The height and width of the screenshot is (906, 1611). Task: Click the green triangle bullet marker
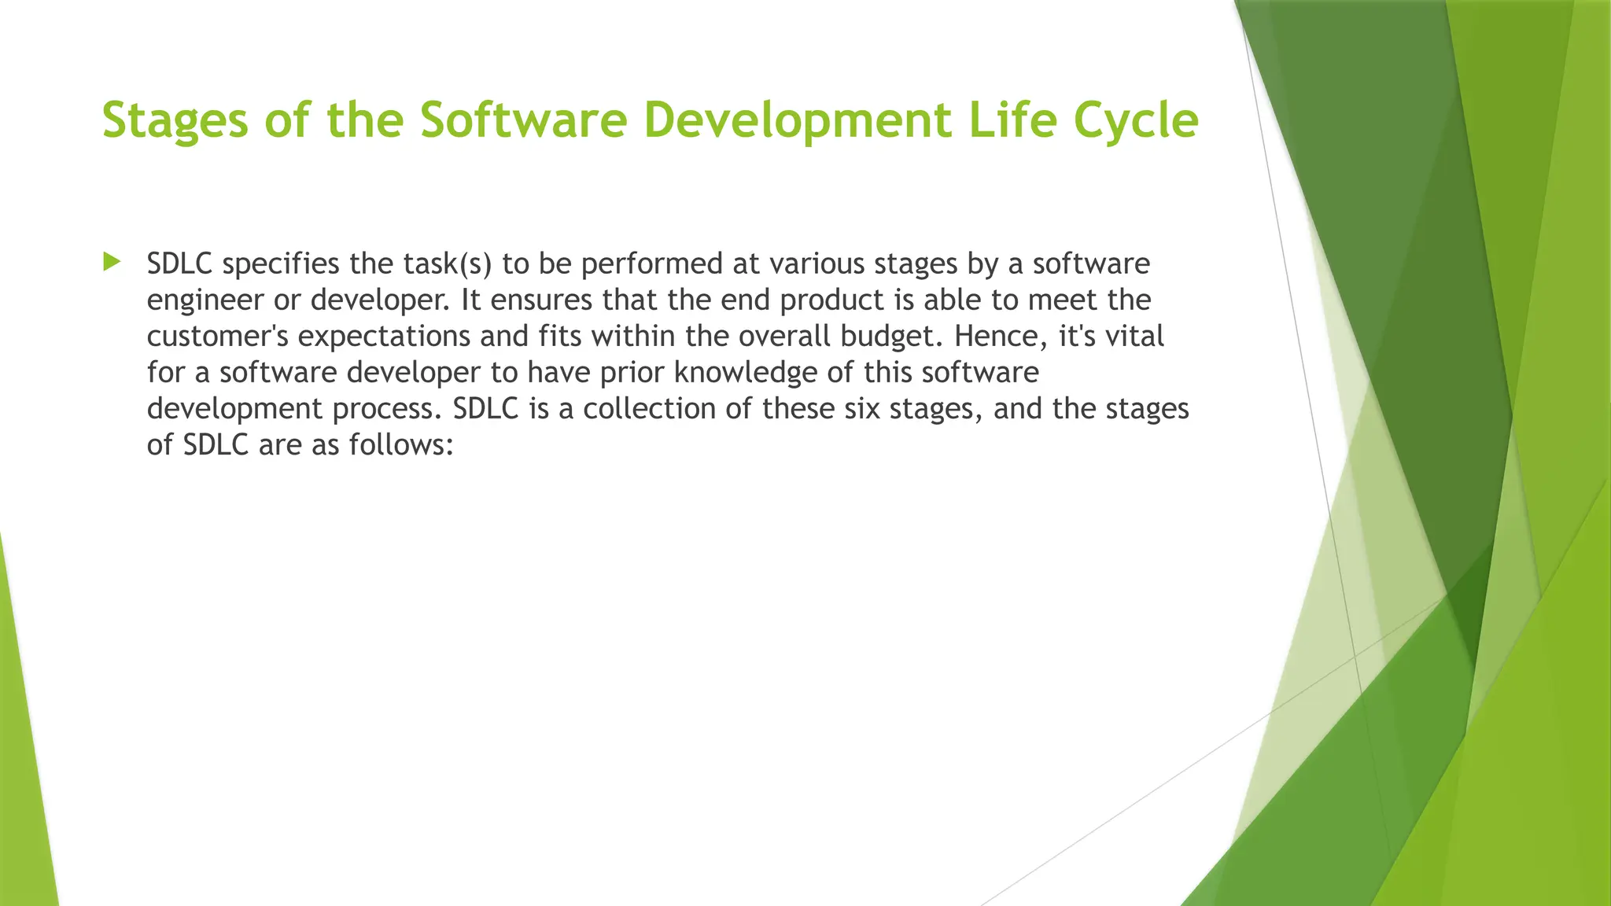pyautogui.click(x=112, y=262)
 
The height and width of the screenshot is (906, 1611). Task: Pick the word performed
pyautogui.click(x=652, y=263)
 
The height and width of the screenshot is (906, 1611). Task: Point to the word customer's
pyautogui.click(x=218, y=336)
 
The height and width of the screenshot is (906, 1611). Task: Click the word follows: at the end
pyautogui.click(x=402, y=444)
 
